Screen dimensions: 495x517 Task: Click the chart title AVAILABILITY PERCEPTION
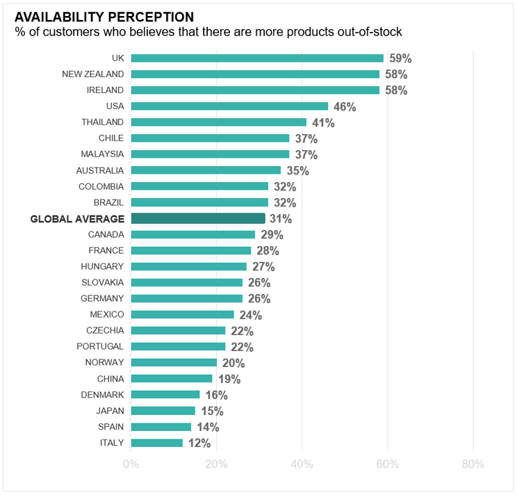tap(104, 16)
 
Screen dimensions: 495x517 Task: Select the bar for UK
tap(257, 58)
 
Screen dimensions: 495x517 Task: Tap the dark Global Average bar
tap(198, 218)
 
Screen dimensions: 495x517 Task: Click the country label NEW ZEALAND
tap(93, 74)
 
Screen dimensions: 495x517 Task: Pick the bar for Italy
tap(156, 443)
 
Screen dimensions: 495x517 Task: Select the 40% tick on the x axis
tap(302, 464)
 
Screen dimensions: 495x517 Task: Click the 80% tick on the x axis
tap(473, 464)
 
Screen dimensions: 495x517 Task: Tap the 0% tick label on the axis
tap(131, 464)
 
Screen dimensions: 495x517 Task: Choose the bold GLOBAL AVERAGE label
tap(77, 219)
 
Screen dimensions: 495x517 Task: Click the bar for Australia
tap(206, 170)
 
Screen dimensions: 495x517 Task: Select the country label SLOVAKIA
tap(102, 282)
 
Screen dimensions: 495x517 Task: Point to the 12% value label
tap(199, 444)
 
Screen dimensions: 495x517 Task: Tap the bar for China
tap(172, 379)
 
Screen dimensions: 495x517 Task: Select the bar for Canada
tap(192, 234)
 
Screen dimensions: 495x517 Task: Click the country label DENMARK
tap(102, 395)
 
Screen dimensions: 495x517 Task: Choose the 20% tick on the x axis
tap(216, 464)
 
